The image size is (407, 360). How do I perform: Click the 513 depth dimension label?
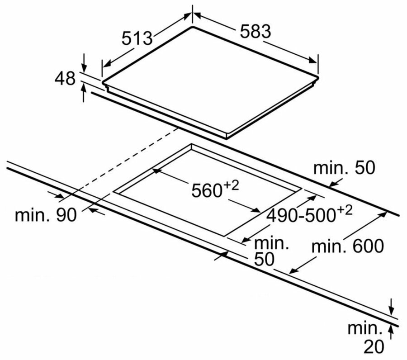(137, 38)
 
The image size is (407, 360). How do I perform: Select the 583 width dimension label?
(256, 31)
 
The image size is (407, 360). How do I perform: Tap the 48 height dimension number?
(65, 78)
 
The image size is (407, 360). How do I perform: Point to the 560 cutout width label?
(206, 190)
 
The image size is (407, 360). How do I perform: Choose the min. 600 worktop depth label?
(348, 246)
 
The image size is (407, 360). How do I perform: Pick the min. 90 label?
(46, 215)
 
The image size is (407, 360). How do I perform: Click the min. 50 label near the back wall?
(344, 168)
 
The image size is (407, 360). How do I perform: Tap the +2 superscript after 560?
(231, 186)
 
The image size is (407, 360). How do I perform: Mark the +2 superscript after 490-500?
(345, 210)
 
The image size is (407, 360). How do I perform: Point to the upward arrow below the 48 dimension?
(84, 92)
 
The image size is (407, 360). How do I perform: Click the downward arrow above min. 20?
(392, 307)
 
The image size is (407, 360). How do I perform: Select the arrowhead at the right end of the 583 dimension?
(312, 60)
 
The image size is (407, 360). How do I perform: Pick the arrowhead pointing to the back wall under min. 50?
(333, 184)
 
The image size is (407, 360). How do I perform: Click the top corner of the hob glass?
(192, 27)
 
